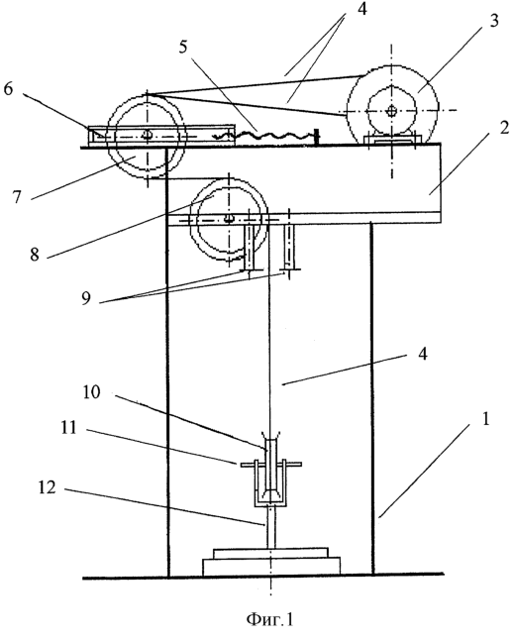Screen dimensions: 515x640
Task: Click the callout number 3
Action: (x=494, y=20)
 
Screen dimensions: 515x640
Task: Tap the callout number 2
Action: (x=505, y=128)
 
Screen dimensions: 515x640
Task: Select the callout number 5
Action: (x=183, y=47)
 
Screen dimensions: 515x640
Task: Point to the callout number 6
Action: (x=8, y=88)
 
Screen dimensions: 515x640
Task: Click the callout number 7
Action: (x=16, y=197)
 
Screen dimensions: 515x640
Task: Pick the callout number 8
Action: (x=35, y=254)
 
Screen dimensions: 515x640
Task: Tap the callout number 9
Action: (x=86, y=298)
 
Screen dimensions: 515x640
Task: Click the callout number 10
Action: (x=91, y=392)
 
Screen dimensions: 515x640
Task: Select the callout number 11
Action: (x=68, y=427)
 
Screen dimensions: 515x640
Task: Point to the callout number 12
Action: (x=47, y=487)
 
